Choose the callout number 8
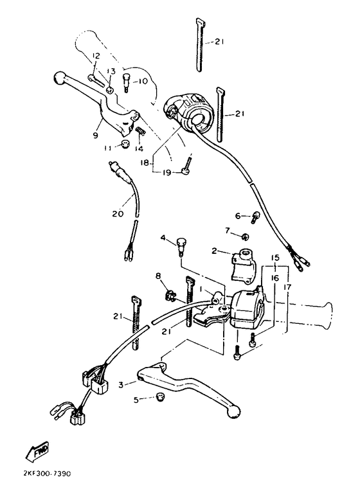pyautogui.click(x=158, y=277)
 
